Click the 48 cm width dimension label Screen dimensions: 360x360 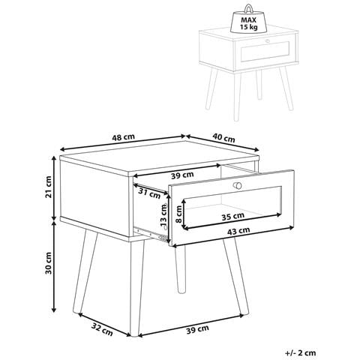click(123, 137)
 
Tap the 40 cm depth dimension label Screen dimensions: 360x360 click(223, 138)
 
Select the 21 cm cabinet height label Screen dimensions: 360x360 click(48, 187)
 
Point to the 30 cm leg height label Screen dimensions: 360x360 click(48, 263)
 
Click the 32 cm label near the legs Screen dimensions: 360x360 click(102, 329)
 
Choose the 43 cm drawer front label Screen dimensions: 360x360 click(238, 230)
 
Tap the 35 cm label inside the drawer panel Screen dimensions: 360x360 click(233, 216)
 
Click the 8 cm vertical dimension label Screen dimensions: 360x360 click(179, 214)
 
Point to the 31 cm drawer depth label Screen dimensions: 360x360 click(149, 193)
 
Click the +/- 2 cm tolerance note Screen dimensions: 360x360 click(300, 353)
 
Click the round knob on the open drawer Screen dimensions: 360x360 click(237, 185)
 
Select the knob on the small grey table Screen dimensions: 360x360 click(268, 40)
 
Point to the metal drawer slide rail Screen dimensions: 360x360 click(151, 233)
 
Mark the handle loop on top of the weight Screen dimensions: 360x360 click(249, 8)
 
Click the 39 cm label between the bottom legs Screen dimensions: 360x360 click(197, 329)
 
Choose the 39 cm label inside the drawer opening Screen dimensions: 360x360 click(182, 175)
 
